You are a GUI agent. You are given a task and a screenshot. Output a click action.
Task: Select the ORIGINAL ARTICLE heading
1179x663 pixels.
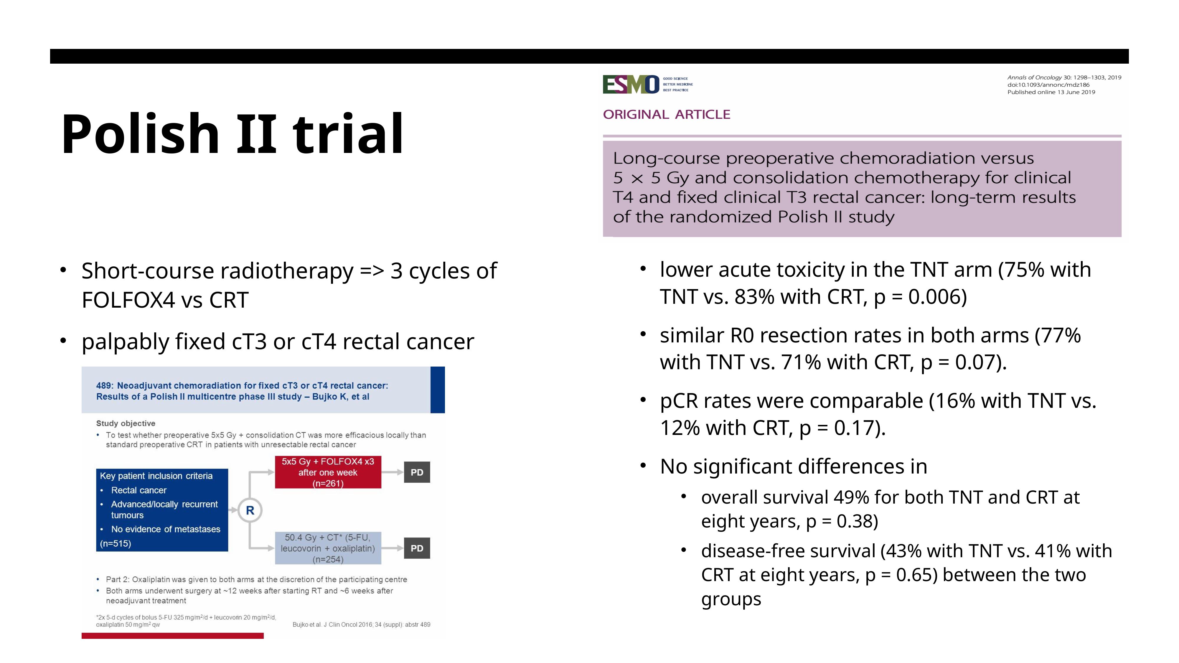coord(666,114)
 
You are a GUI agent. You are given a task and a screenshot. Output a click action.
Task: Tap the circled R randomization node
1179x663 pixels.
coord(250,510)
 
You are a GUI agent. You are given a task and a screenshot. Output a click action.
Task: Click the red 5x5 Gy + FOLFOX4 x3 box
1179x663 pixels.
coord(328,472)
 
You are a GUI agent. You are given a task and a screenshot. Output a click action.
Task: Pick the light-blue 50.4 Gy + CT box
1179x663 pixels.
coord(328,548)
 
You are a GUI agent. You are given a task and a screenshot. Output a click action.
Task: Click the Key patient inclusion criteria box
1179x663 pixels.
coord(162,510)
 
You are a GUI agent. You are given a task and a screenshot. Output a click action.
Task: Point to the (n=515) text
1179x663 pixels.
coord(115,544)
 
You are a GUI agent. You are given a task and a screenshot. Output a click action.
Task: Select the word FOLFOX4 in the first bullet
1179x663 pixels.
coord(128,300)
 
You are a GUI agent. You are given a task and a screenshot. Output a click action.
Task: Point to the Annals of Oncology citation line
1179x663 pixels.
coord(1064,77)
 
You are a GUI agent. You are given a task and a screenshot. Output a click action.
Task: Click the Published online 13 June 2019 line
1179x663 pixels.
coord(1051,92)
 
